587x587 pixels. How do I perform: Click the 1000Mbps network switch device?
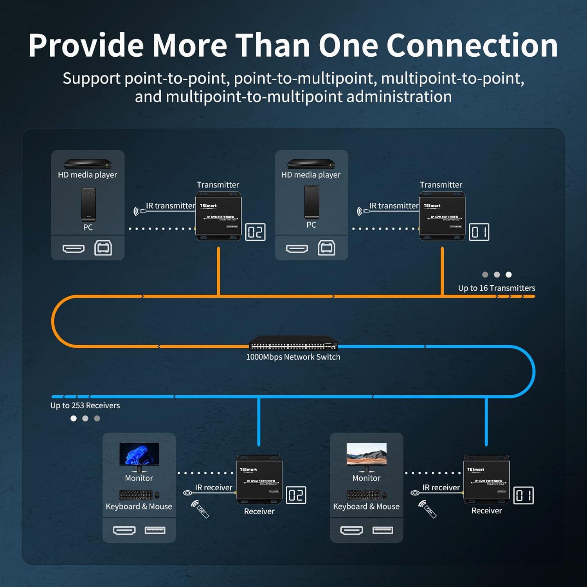293,343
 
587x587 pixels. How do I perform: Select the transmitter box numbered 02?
218,216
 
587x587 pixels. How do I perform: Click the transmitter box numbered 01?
442,216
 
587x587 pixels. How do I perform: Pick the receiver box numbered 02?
259,480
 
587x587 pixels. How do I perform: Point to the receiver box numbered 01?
486,480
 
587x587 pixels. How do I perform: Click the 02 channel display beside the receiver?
296,495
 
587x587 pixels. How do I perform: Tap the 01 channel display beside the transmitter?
479,232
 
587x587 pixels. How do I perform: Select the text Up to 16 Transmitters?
497,288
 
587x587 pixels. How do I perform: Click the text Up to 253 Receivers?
85,405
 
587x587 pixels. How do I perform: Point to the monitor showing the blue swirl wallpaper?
139,455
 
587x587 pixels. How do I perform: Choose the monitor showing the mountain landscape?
367,455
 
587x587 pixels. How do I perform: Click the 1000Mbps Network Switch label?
293,357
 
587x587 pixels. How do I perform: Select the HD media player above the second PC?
311,164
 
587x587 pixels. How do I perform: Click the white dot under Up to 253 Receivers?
74,418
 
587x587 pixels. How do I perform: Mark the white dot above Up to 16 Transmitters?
508,275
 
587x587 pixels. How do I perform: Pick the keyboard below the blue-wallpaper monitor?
135,495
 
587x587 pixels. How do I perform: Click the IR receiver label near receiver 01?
441,488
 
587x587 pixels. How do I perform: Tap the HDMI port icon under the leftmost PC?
74,248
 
